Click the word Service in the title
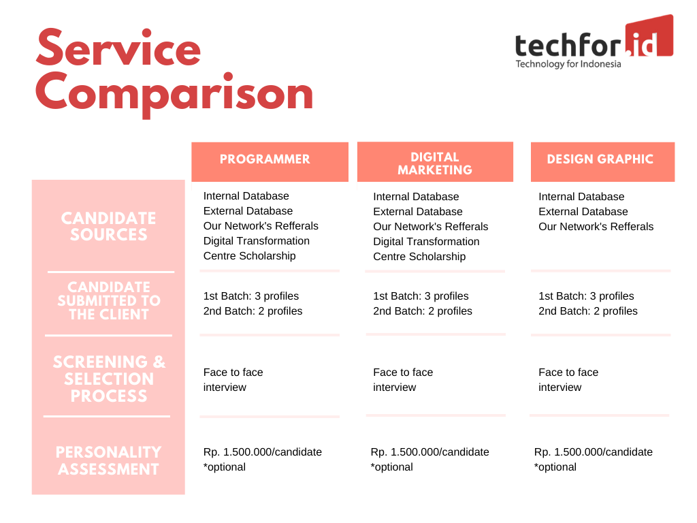(118, 48)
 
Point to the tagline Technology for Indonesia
(568, 64)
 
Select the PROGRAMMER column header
(265, 159)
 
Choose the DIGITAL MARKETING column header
(435, 163)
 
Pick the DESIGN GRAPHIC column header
(600, 159)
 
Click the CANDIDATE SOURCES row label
(108, 226)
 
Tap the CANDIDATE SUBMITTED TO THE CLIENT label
(109, 300)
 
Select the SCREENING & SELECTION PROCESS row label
(109, 379)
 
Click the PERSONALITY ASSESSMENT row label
(108, 461)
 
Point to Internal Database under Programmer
(246, 195)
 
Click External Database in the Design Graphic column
(583, 212)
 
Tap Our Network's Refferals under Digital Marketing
(431, 226)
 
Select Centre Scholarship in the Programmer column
(249, 256)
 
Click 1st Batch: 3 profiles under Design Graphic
(586, 296)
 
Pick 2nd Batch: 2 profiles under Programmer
(253, 311)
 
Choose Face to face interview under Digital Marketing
(403, 380)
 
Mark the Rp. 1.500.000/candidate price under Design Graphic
(594, 452)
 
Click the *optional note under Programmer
(225, 467)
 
